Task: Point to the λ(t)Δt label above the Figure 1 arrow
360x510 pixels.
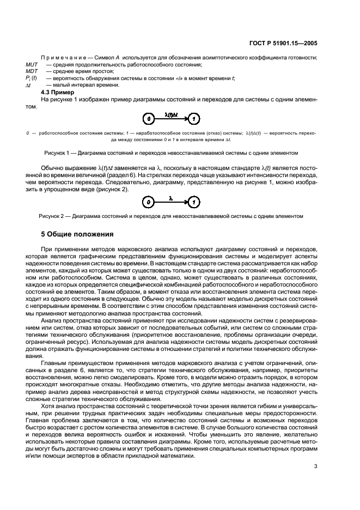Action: [x=170, y=114]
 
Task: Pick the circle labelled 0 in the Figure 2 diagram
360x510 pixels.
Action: [x=146, y=202]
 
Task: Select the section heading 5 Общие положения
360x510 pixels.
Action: [x=77, y=235]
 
